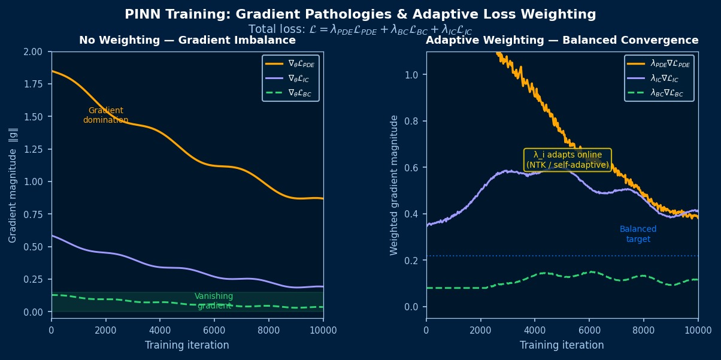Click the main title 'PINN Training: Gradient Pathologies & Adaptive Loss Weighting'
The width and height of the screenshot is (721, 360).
(360, 14)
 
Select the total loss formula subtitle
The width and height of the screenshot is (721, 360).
(360, 29)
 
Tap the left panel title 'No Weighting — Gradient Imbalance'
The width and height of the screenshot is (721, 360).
(187, 40)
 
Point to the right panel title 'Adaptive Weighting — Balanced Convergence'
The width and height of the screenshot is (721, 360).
(562, 40)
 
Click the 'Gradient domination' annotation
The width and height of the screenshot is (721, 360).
(105, 115)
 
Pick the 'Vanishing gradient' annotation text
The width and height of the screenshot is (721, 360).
(214, 301)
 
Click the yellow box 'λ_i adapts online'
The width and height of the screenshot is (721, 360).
(568, 160)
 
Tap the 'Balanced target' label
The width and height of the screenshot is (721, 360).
(638, 234)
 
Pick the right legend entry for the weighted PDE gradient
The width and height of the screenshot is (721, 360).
(658, 63)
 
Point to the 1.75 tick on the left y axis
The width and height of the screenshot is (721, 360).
(33, 84)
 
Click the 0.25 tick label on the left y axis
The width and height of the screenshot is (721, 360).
(33, 279)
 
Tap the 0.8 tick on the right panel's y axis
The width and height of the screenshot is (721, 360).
(411, 121)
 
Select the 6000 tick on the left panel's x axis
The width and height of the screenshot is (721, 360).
(214, 330)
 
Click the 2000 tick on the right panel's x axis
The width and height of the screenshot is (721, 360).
(480, 330)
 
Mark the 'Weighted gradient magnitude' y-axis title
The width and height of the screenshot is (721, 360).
(393, 185)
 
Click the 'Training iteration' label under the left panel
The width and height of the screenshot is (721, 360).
(187, 345)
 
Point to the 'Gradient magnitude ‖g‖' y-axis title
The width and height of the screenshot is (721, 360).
(13, 185)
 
